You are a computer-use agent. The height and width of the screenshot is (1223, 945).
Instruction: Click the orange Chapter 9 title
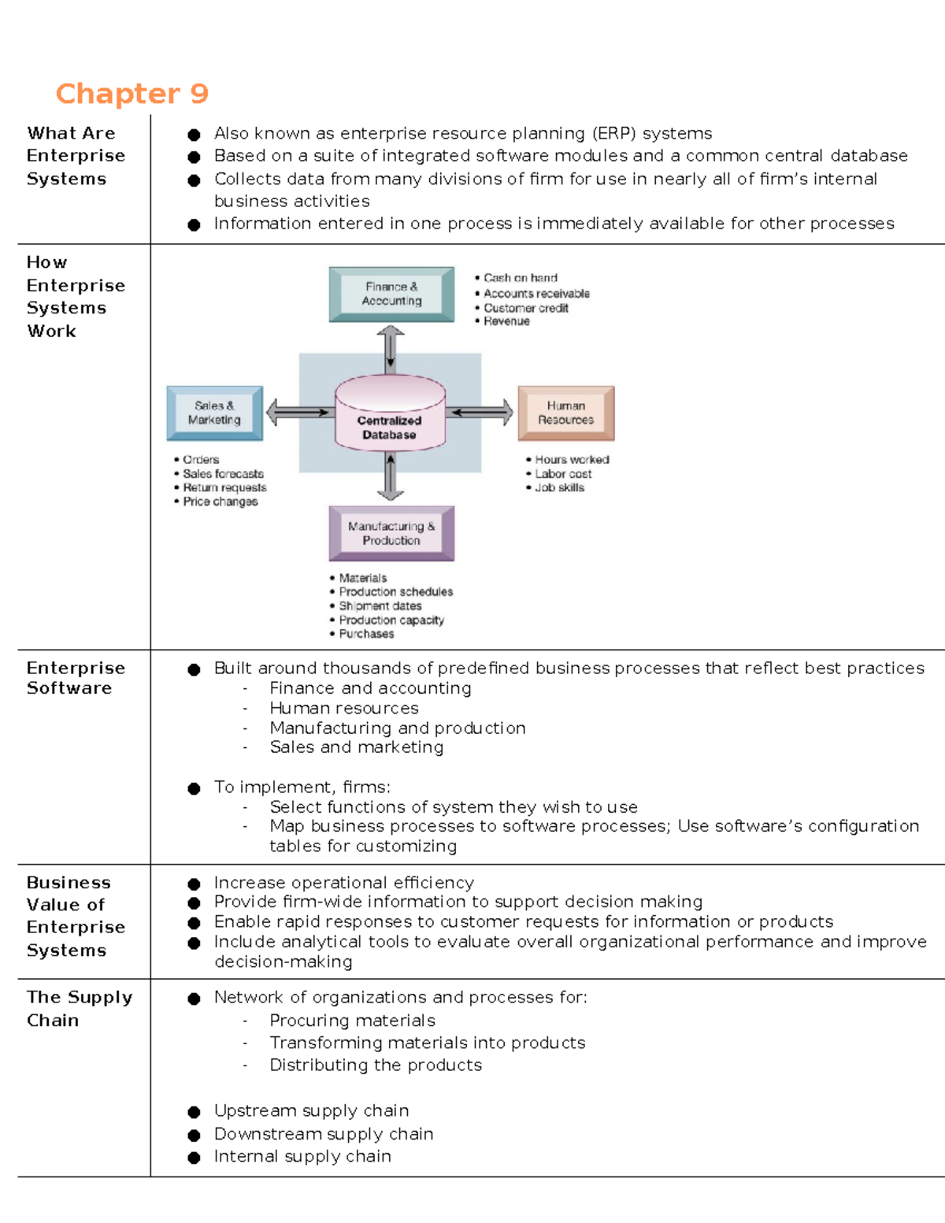coord(132,94)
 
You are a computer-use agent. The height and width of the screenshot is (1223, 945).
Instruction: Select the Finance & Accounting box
coord(391,294)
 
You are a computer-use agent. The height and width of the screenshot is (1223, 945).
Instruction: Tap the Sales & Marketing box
coord(214,413)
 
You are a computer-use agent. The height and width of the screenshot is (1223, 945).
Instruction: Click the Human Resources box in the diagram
coord(565,413)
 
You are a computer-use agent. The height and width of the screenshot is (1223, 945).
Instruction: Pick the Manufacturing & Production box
coord(391,534)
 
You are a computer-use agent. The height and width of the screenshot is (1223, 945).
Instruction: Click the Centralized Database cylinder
coord(390,413)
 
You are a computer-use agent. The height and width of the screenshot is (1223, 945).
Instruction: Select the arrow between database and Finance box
coord(390,349)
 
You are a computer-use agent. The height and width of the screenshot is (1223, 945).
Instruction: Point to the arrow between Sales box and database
coord(298,412)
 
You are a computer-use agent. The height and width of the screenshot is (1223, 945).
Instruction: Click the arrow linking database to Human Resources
coord(481,412)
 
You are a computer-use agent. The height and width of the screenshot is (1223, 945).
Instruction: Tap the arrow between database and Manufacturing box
coord(390,477)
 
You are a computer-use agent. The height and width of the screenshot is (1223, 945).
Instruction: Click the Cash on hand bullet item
coord(520,278)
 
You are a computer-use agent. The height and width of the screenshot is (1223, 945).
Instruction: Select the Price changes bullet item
coord(220,502)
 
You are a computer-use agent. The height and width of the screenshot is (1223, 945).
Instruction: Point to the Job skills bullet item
coord(559,487)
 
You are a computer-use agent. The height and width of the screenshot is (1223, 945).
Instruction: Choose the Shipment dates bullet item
coord(380,606)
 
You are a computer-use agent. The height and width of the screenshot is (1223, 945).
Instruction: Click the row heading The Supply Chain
coord(79,1008)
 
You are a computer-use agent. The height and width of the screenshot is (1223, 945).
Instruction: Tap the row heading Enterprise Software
coord(76,677)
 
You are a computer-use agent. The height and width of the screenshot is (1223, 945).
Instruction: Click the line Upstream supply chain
coord(311,1110)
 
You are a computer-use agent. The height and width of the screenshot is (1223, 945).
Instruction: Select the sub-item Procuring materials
coord(352,1021)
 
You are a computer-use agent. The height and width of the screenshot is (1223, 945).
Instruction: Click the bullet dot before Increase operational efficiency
coord(194,884)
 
